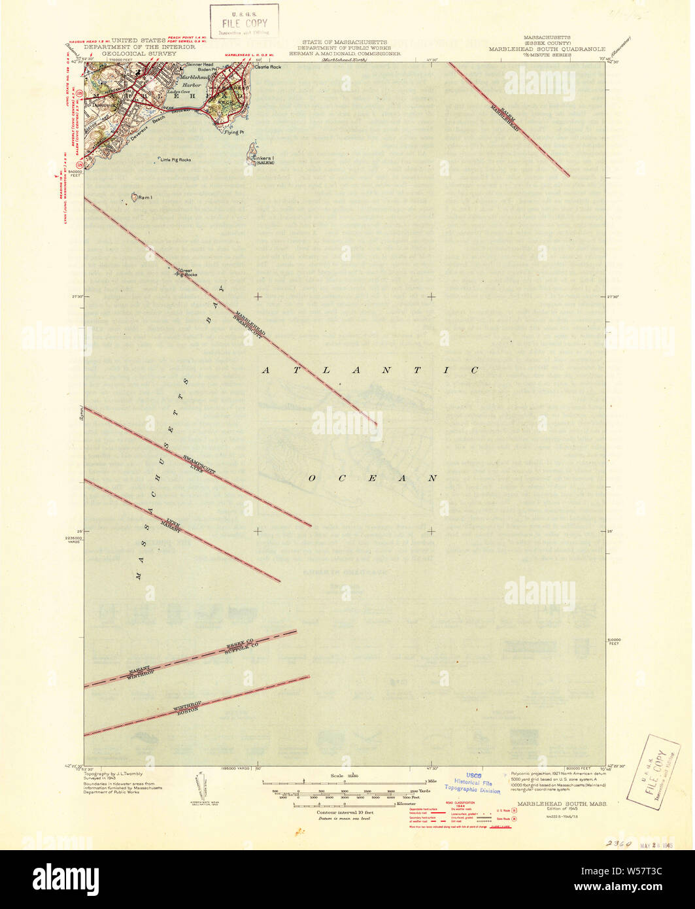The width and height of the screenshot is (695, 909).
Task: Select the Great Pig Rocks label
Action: [188, 273]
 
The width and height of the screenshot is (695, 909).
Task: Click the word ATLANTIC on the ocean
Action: [369, 370]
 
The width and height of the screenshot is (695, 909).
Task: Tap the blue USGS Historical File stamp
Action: [472, 783]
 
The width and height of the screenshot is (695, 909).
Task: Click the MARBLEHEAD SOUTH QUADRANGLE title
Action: [546, 48]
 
